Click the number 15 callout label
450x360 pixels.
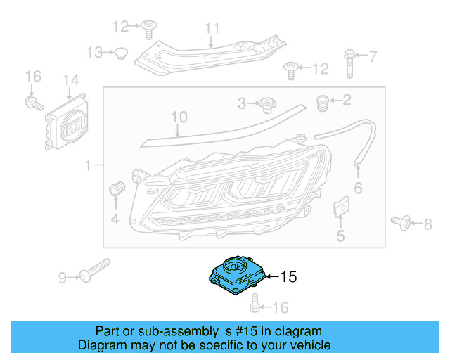pos(289,277)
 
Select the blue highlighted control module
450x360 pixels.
pos(236,274)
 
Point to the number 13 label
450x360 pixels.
pos(94,52)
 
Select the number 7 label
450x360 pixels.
pos(373,55)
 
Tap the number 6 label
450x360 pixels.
pos(358,188)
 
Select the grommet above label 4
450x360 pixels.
pos(117,188)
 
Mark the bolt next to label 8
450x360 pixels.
pos(400,222)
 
